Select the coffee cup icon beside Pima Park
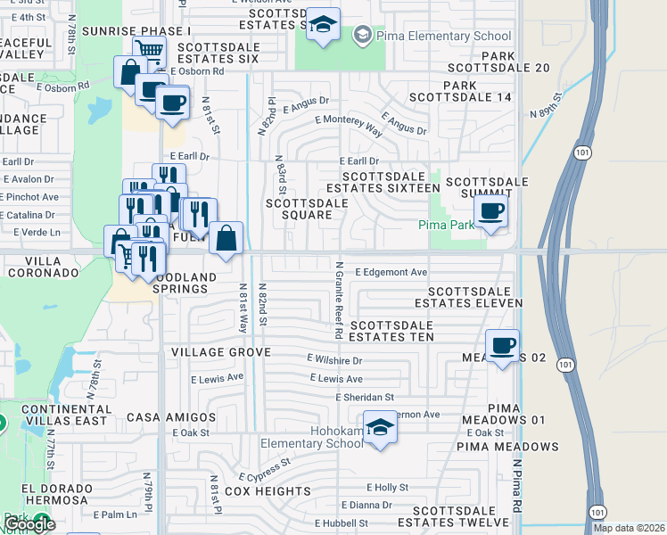490,211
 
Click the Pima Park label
447,226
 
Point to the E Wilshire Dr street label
334,360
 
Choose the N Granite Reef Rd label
339,300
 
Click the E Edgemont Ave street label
391,272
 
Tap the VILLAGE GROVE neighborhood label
220,353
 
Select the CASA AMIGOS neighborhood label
171,417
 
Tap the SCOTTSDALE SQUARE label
307,209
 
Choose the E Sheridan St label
364,397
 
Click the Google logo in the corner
29,524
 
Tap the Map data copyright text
629,528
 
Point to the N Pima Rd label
517,487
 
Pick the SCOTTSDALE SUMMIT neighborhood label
487,188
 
